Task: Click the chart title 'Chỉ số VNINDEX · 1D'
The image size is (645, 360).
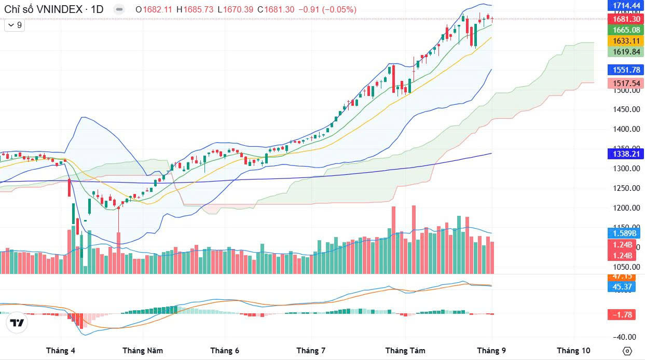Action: tap(53, 9)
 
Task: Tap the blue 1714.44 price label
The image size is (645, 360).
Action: tap(625, 6)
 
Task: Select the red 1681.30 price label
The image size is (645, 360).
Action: tap(625, 19)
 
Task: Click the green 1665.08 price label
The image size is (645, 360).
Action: tap(625, 30)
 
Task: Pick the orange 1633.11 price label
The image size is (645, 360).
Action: tap(625, 41)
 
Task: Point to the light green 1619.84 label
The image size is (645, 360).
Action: tap(625, 52)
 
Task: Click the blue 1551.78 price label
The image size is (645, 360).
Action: tap(625, 70)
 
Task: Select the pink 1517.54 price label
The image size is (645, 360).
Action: tap(625, 83)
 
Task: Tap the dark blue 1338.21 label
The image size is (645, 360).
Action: tap(625, 154)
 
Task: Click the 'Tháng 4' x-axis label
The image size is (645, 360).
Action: tap(61, 351)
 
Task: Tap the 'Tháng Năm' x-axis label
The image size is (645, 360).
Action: tap(143, 351)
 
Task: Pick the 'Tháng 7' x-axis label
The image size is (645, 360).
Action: tap(311, 351)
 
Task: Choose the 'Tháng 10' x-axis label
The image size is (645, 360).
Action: tap(573, 351)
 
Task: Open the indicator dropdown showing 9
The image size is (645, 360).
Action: tap(15, 25)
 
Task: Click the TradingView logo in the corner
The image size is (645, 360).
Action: tap(17, 323)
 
